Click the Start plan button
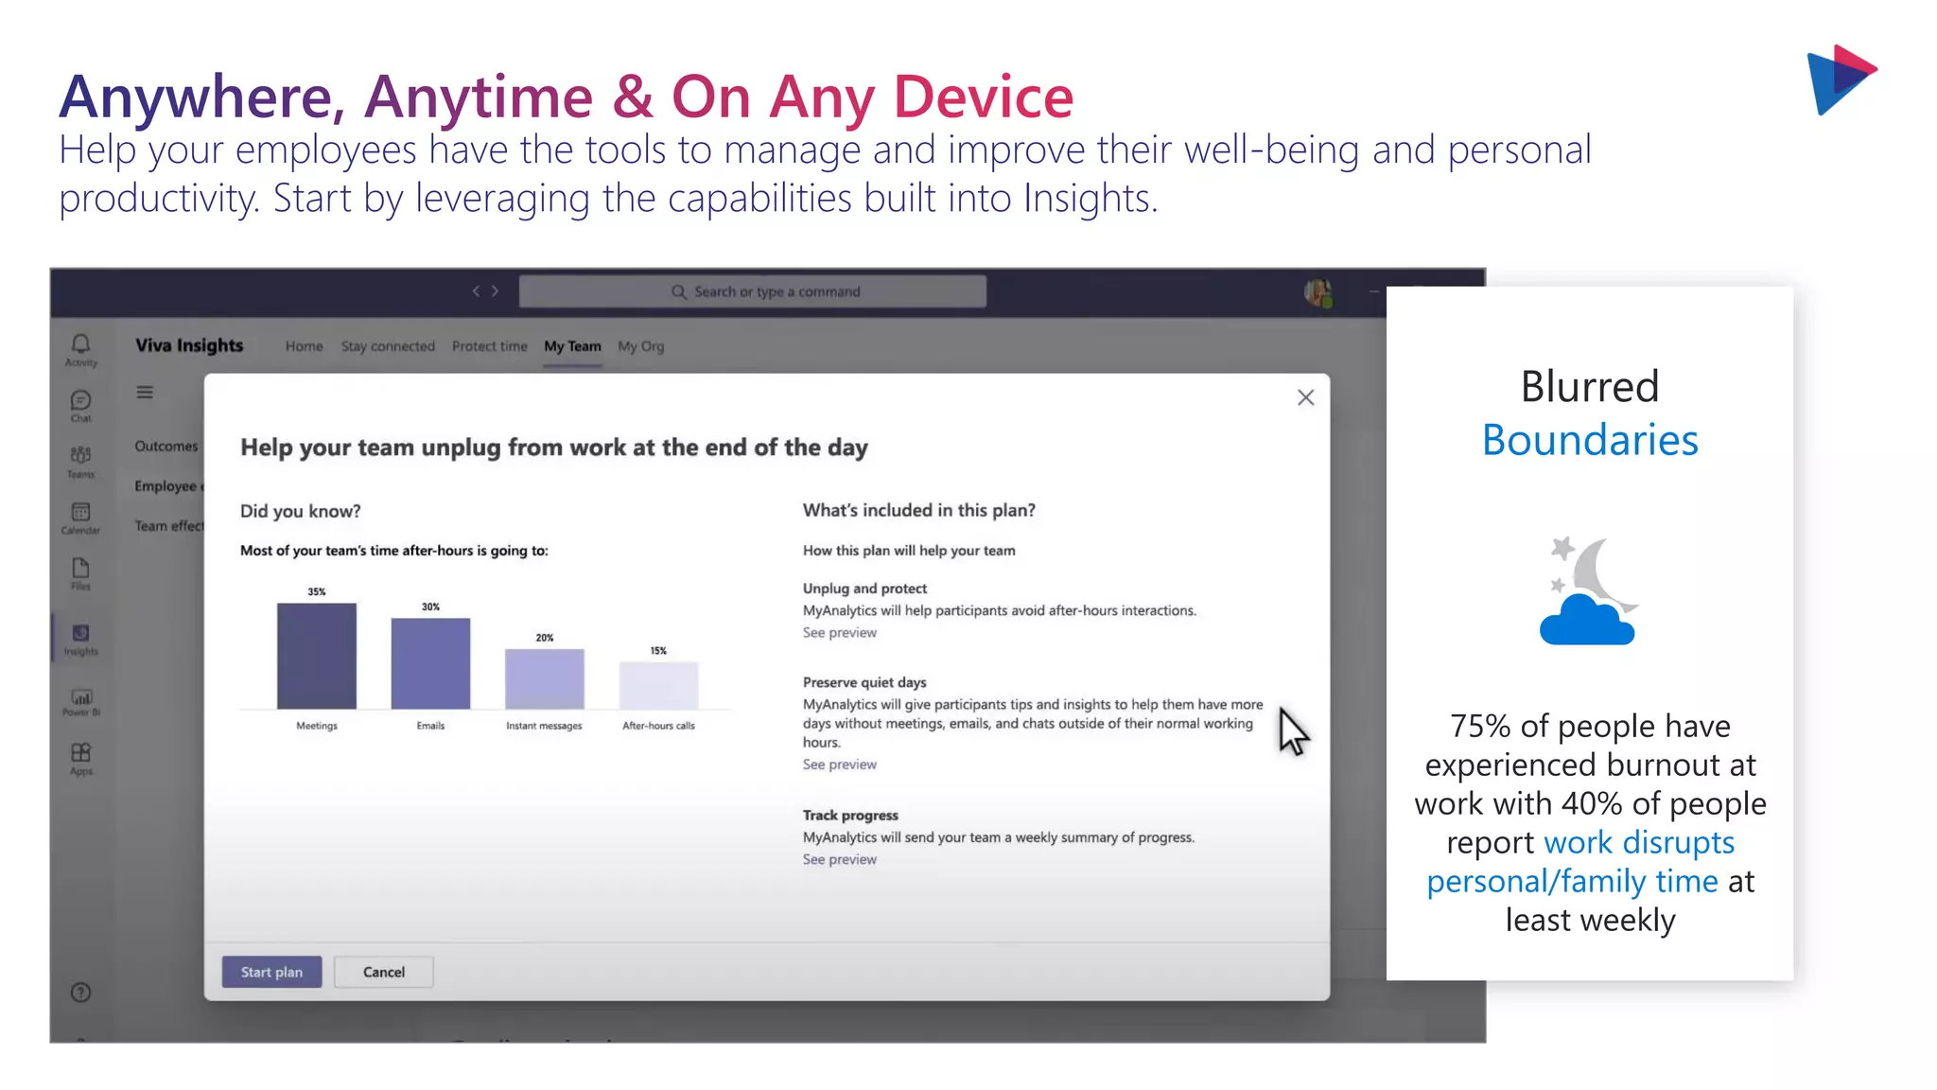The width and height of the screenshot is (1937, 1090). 271,972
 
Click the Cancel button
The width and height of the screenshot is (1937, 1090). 383,972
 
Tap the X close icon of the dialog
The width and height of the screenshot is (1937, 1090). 1305,397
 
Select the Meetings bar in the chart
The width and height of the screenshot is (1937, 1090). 317,656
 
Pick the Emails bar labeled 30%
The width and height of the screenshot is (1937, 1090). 430,663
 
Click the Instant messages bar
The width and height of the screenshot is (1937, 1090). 544,678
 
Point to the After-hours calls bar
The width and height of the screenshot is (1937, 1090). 658,685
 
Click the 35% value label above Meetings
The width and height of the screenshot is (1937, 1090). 317,591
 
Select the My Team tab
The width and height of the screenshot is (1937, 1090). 572,346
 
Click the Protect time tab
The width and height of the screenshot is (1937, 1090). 489,346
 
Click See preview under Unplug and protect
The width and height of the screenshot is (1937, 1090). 839,632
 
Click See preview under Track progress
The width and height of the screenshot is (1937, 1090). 839,859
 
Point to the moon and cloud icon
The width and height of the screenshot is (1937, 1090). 1589,591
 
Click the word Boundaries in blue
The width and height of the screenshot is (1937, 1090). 1590,440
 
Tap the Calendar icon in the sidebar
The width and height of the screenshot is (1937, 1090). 80,514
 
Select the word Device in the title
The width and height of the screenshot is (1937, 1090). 984,97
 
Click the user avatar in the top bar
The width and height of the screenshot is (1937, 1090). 1318,292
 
